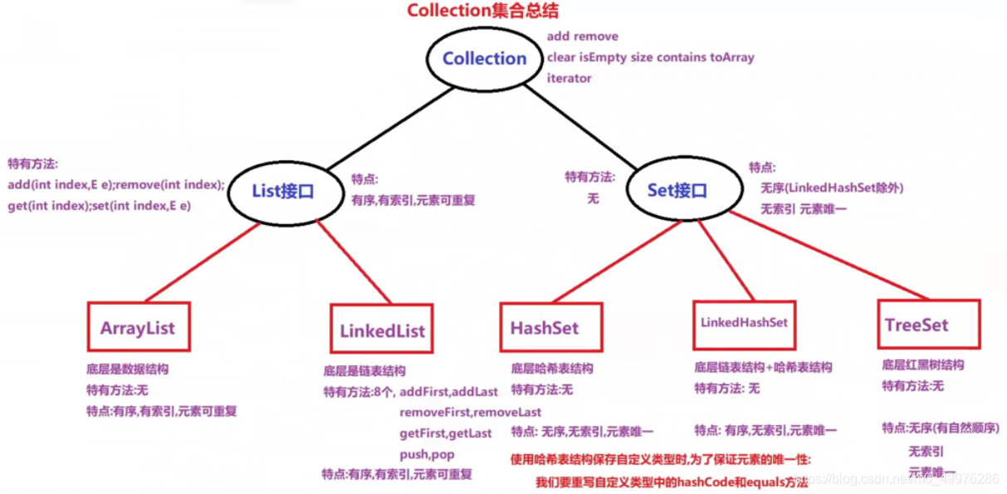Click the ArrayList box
click(x=138, y=327)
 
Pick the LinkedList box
click(x=382, y=330)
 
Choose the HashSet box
click(x=545, y=327)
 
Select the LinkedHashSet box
click(x=744, y=322)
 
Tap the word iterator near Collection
click(x=569, y=78)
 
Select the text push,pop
click(x=427, y=454)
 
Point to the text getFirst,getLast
click(x=445, y=433)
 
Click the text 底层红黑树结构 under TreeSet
click(x=922, y=365)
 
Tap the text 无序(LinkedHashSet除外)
click(x=832, y=188)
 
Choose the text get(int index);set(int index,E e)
click(x=100, y=205)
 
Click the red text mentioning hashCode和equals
click(x=671, y=482)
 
